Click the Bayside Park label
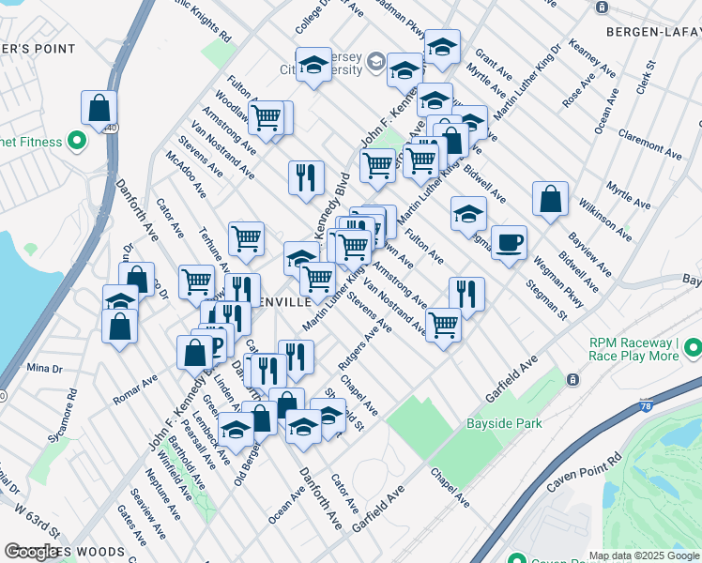pos(504,424)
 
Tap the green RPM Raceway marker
pos(693,349)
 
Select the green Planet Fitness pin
pos(77,143)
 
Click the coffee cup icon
pos(509,244)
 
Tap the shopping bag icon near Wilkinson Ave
pos(550,200)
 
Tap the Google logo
pos(33,552)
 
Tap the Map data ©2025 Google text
pos(644,555)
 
